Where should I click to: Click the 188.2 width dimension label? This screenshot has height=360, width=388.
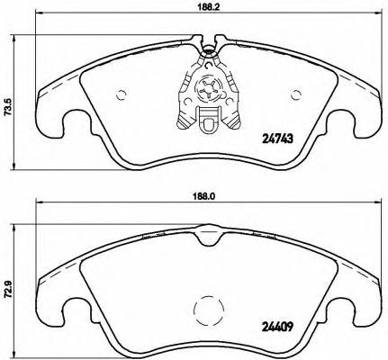tap(208, 8)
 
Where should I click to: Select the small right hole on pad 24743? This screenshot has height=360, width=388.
tap(294, 93)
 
